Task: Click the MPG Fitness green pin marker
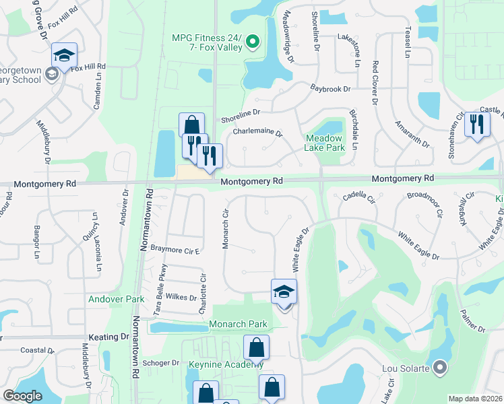(x=253, y=42)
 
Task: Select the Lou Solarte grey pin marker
(x=440, y=367)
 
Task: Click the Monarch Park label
(x=239, y=324)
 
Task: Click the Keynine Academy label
(x=226, y=364)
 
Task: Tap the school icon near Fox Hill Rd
(x=65, y=56)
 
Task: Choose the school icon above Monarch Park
(x=284, y=292)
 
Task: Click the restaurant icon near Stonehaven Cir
(x=477, y=123)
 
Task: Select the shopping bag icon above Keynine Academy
(x=256, y=348)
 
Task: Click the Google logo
(x=22, y=395)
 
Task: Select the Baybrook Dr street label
(x=331, y=88)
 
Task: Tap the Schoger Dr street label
(x=161, y=362)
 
